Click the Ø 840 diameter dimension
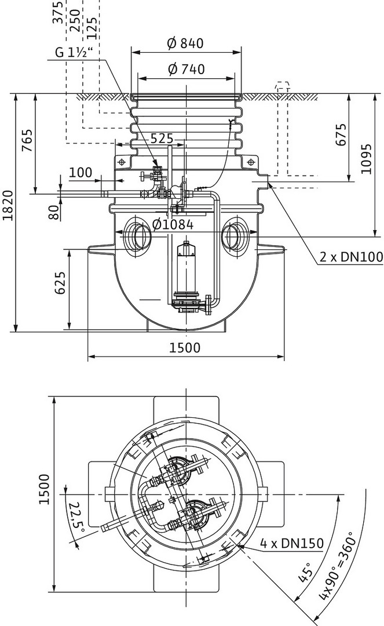coord(186,43)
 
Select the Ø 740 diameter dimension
coord(186,69)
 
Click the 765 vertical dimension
coord(27,140)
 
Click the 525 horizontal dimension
coord(162,139)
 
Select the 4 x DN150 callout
coord(291,544)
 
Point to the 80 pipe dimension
coord(53,213)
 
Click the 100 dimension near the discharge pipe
coord(81,173)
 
